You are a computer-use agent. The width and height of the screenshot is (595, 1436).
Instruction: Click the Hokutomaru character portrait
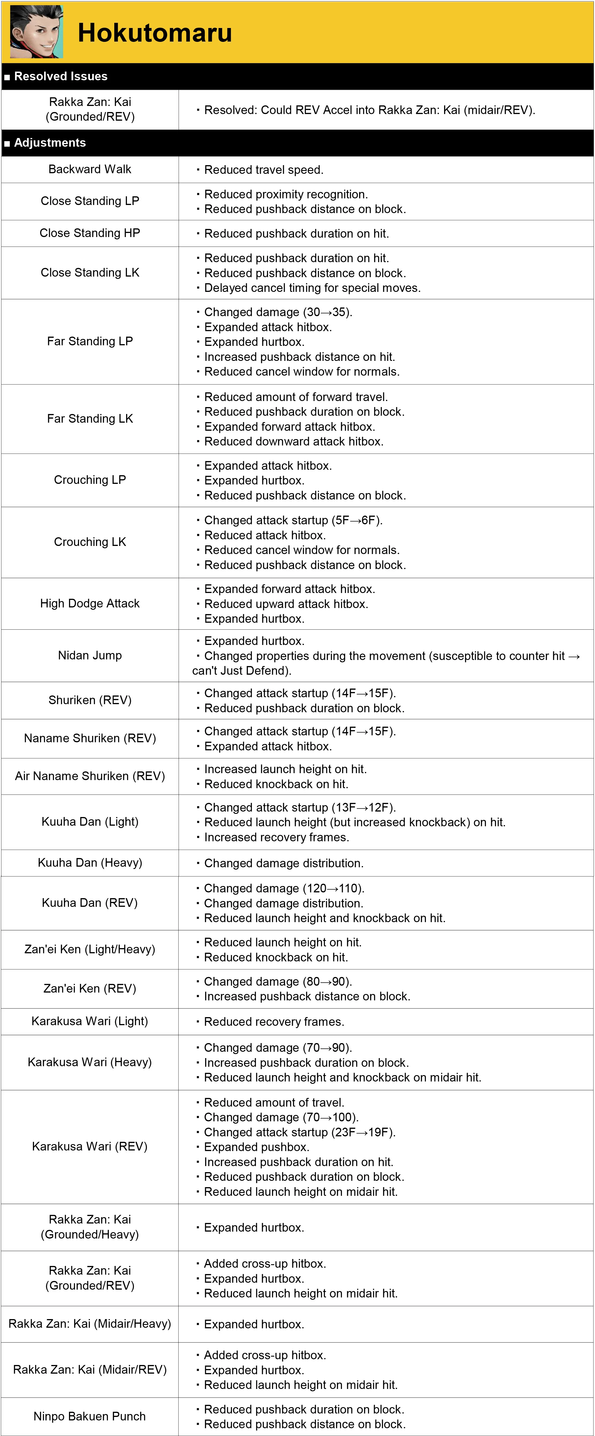(x=36, y=32)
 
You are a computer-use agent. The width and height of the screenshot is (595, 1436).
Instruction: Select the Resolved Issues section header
(x=60, y=77)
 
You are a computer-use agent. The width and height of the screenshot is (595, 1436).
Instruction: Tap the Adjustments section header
(x=50, y=143)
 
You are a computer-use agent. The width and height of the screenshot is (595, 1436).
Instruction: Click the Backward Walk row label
(x=90, y=169)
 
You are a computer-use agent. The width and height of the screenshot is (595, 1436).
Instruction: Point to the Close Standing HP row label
(x=90, y=233)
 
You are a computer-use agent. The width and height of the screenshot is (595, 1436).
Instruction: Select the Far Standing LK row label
(x=90, y=419)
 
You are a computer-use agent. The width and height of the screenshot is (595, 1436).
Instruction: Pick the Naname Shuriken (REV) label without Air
(x=90, y=738)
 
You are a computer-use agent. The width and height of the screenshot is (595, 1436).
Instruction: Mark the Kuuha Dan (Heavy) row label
(x=90, y=863)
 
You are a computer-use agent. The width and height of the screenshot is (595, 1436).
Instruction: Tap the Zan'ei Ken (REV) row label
(x=90, y=988)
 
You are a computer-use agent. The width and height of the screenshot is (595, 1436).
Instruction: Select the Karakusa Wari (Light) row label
(x=90, y=1021)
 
